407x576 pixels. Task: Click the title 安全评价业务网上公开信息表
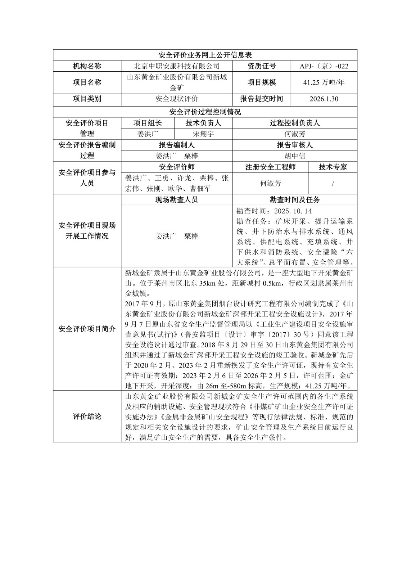pos(205,55)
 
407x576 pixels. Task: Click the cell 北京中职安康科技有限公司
pos(176,66)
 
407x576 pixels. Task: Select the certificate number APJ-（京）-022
pos(324,66)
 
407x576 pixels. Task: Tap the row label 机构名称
pos(87,66)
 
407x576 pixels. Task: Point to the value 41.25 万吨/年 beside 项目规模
pos(324,82)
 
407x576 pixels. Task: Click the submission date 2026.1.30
pos(324,99)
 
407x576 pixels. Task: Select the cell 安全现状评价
pos(176,99)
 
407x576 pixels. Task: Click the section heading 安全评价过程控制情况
pos(205,112)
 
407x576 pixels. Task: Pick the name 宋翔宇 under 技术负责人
pos(203,134)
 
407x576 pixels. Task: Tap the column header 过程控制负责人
pos(294,123)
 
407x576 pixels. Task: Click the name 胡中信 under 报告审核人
pos(294,156)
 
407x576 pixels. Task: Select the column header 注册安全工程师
pos(270,167)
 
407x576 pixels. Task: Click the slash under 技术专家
pos(333,184)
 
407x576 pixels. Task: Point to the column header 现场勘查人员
pos(176,200)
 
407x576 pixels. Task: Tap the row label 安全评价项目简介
pos(87,329)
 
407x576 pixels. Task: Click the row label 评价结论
pos(87,417)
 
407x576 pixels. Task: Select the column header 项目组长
pos(148,123)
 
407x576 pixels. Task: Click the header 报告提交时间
pos(261,99)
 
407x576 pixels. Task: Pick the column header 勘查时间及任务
pos(294,200)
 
